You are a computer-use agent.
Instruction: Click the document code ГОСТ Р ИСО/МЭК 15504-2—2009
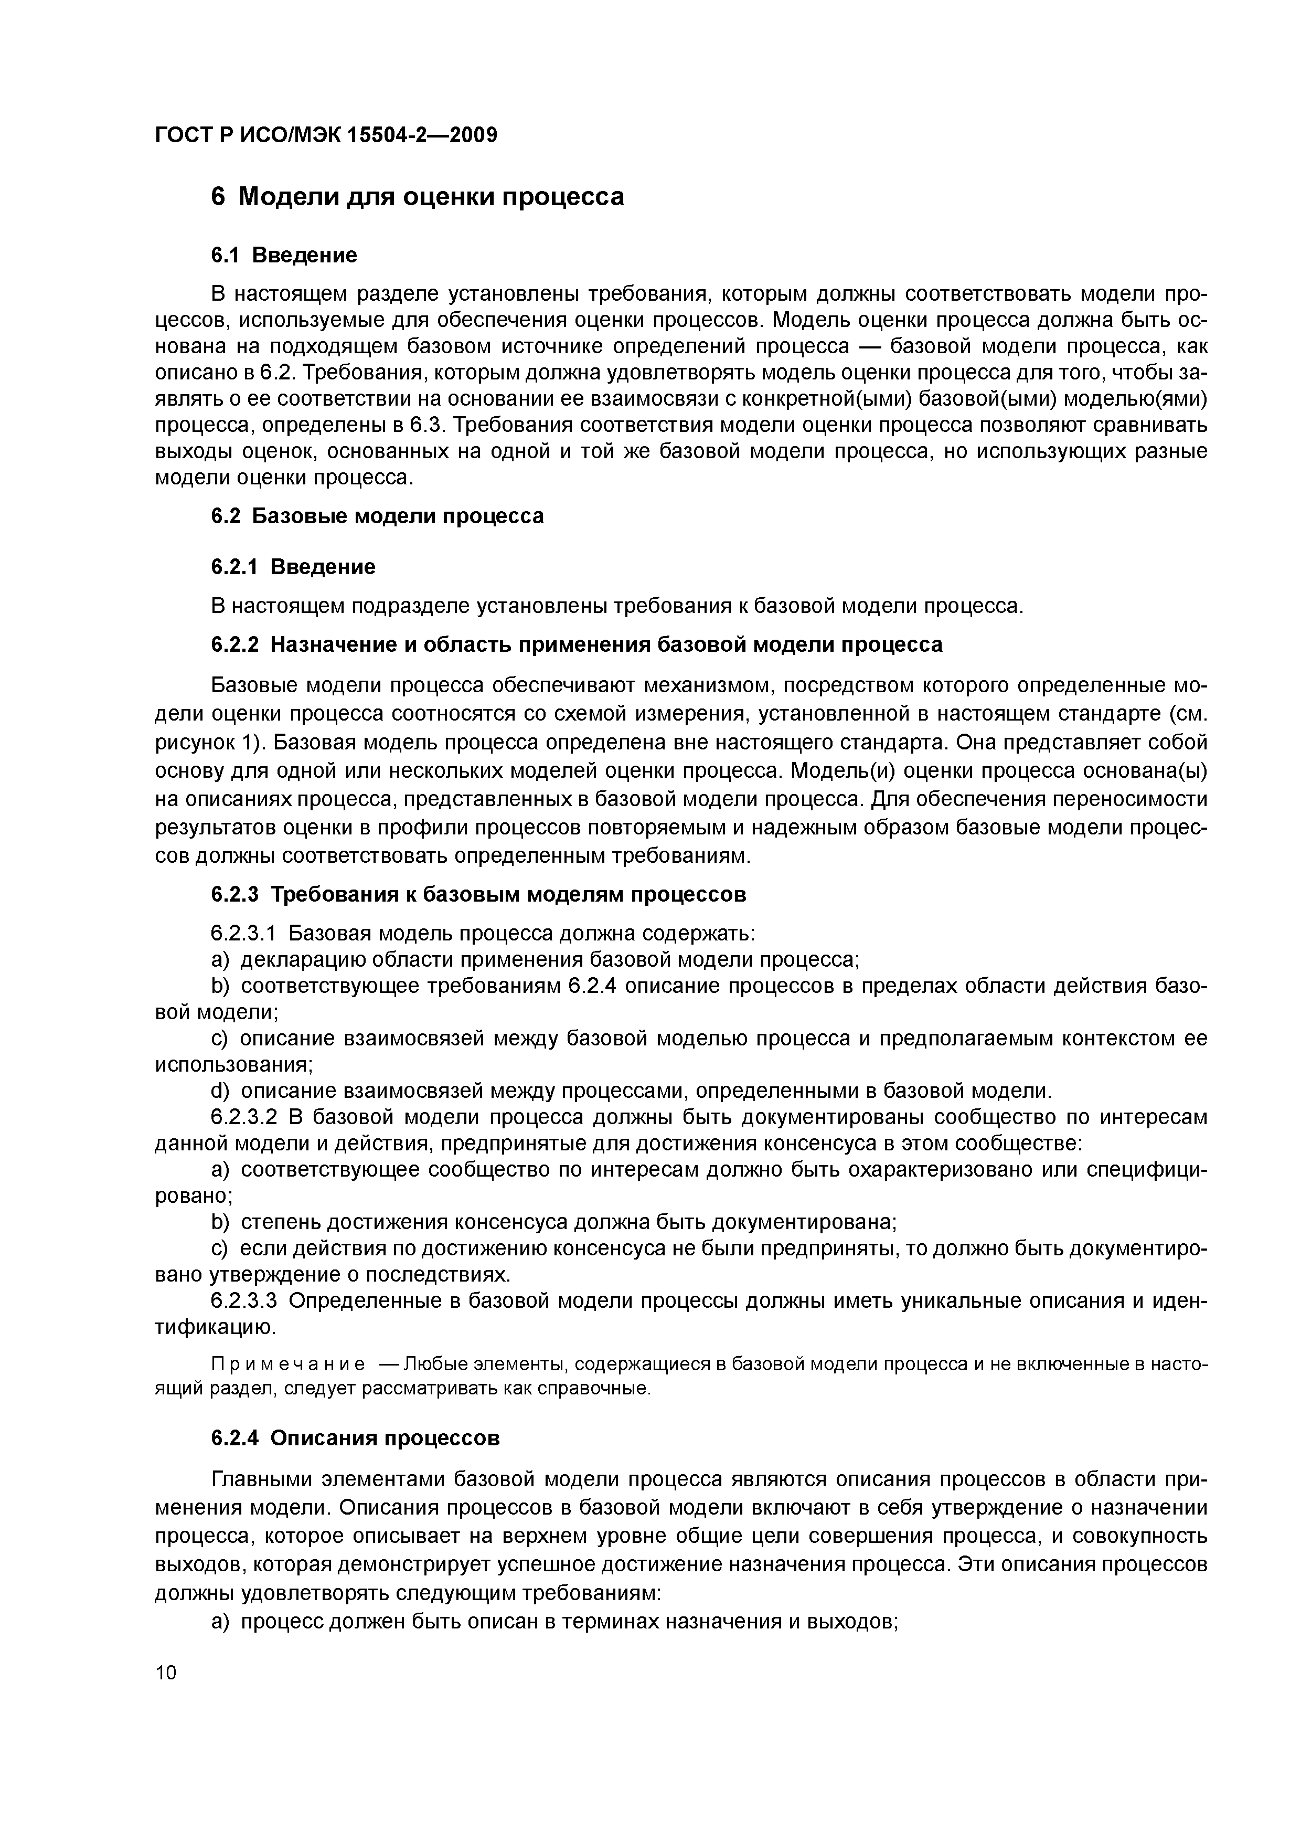(325, 135)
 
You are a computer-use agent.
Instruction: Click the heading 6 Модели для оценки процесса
(417, 196)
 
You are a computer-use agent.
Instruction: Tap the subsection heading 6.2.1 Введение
(293, 568)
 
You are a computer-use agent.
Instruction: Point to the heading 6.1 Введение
(284, 256)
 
